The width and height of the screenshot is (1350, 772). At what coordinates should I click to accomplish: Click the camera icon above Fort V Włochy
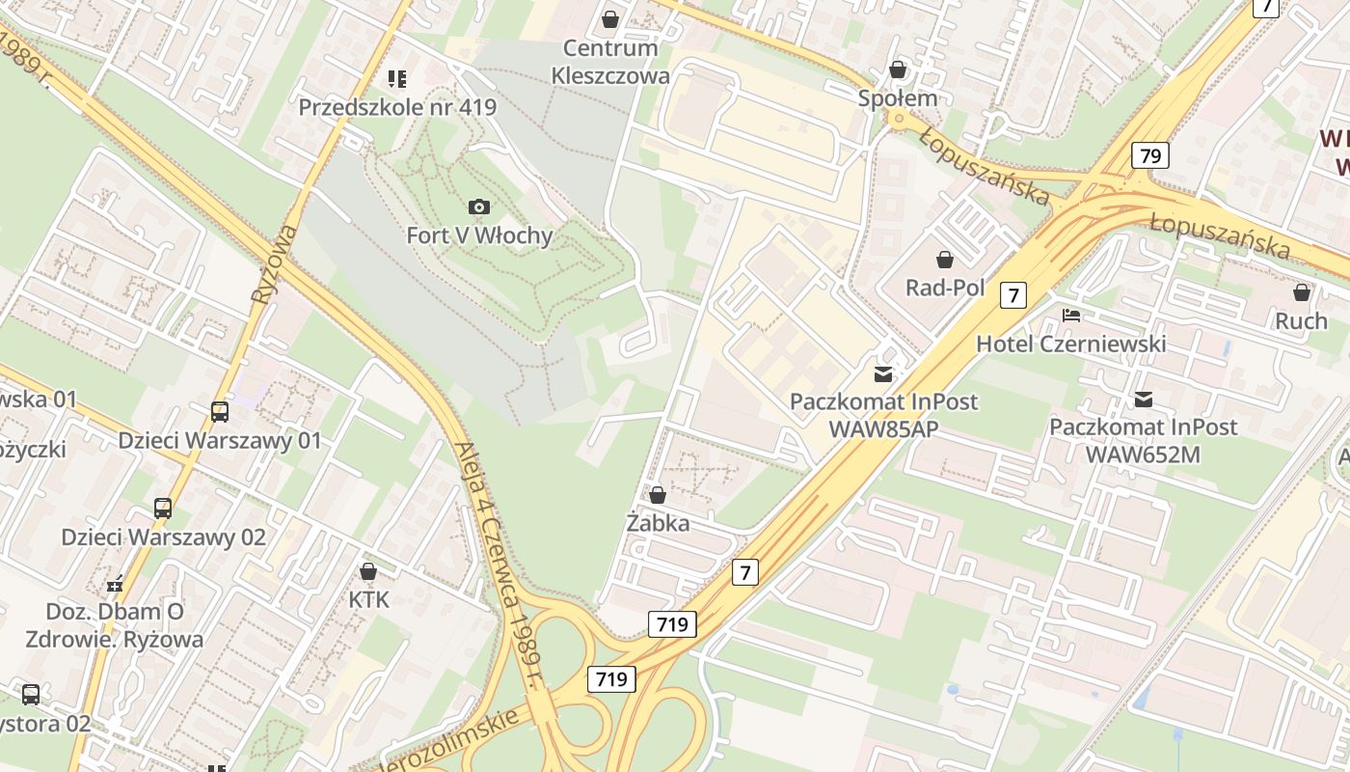pos(478,207)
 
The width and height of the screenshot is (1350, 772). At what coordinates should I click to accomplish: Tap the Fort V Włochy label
pos(479,235)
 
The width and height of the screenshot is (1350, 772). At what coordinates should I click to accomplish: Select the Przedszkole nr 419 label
pos(397,107)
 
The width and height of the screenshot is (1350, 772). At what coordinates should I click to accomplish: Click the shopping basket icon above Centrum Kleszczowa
pos(609,18)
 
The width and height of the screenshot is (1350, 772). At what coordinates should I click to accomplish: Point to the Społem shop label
pos(898,98)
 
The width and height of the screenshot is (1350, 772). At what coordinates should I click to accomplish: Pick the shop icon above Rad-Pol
pos(945,260)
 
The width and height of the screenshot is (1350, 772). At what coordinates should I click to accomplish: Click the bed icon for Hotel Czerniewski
pos(1071,315)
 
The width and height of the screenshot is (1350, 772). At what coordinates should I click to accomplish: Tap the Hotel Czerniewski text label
pos(1070,344)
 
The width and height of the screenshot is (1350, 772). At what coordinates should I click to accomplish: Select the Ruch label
pos(1301,320)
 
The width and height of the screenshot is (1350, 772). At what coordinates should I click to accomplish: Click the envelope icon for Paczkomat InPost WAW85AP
pos(882,373)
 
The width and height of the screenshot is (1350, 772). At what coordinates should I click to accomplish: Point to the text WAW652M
pos(1143,454)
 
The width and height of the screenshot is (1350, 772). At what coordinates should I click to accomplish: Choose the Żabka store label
pos(658,523)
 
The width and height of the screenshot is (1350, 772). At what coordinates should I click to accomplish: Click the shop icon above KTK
pos(367,571)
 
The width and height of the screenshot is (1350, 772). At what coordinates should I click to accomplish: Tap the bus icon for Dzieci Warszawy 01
pos(220,412)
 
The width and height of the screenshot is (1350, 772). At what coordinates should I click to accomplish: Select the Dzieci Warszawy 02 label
pos(163,537)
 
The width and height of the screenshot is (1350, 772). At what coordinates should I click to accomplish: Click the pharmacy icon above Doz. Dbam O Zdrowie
pos(116,583)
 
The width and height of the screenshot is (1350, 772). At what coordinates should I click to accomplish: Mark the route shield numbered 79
pos(1149,154)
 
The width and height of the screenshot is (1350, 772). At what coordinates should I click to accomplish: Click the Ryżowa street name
pos(275,265)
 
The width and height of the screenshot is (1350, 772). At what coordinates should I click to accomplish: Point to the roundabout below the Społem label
pos(900,121)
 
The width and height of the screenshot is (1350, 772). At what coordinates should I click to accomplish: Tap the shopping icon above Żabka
pos(658,495)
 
